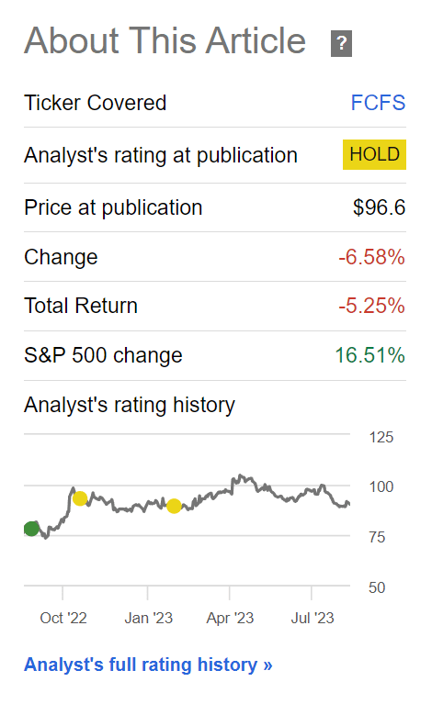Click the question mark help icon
pyautogui.click(x=341, y=43)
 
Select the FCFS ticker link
pyautogui.click(x=378, y=103)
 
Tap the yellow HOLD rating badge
pyautogui.click(x=374, y=154)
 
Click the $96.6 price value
pyautogui.click(x=379, y=207)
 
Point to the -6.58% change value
pyautogui.click(x=371, y=257)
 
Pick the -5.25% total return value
pyautogui.click(x=371, y=307)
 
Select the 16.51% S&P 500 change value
pyautogui.click(x=370, y=355)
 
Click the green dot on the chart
pyautogui.click(x=31, y=529)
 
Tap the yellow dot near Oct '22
pyautogui.click(x=80, y=498)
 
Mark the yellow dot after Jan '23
pyautogui.click(x=174, y=506)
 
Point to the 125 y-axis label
pyautogui.click(x=381, y=437)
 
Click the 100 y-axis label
pyautogui.click(x=381, y=486)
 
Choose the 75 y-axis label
pyautogui.click(x=377, y=537)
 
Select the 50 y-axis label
pyautogui.click(x=377, y=587)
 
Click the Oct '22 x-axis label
pyautogui.click(x=63, y=619)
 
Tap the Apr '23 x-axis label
pyautogui.click(x=230, y=619)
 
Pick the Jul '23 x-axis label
pyautogui.click(x=313, y=619)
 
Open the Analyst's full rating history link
pyautogui.click(x=148, y=665)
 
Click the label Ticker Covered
pyautogui.click(x=96, y=103)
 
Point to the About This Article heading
pyautogui.click(x=165, y=40)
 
